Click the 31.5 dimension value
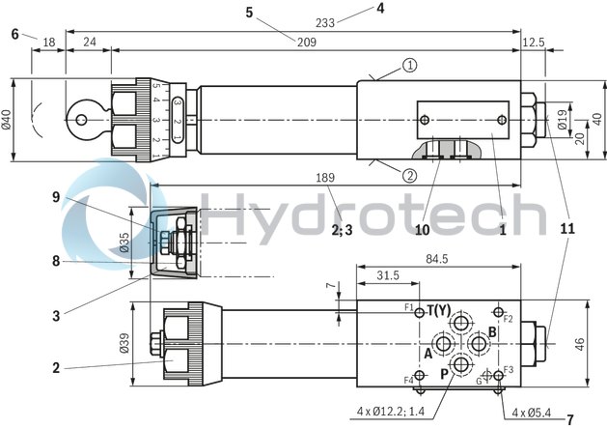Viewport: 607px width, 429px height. pos(388,274)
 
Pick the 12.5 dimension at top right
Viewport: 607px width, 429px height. pos(534,42)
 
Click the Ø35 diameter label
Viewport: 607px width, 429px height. pos(124,242)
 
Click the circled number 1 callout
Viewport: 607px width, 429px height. pos(410,66)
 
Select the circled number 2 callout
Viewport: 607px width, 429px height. pos(410,175)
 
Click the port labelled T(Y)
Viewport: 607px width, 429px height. pos(439,310)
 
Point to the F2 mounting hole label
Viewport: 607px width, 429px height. pos(508,318)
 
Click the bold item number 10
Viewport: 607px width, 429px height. pos(421,230)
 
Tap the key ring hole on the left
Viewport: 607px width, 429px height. pos(81,120)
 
